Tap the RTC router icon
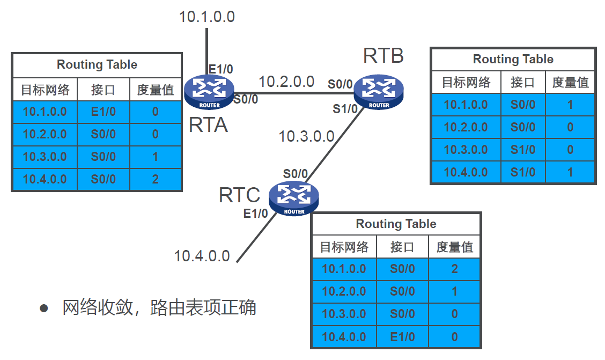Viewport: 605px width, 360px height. click(294, 198)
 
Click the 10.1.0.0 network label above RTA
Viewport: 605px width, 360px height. click(206, 17)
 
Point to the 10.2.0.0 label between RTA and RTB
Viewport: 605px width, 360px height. click(286, 82)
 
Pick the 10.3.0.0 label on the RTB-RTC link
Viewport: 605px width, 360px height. click(306, 136)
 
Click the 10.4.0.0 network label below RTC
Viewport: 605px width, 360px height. click(202, 256)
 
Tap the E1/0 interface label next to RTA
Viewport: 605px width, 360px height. click(220, 69)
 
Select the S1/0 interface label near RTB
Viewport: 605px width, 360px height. click(345, 109)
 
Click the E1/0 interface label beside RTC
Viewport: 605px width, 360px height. click(255, 214)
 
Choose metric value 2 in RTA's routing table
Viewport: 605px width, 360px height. click(155, 179)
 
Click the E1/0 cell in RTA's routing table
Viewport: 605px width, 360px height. click(103, 112)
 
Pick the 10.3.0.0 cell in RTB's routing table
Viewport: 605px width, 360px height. click(466, 150)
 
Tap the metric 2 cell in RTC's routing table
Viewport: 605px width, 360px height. click(454, 269)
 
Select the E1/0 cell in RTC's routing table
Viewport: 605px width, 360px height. click(402, 337)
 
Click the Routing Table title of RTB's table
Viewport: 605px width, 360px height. click(513, 59)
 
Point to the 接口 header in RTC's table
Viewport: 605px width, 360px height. click(402, 247)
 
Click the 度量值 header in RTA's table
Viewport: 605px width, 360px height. click(155, 90)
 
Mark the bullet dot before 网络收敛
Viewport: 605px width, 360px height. click(44, 308)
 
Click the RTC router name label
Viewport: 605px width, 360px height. click(239, 195)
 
